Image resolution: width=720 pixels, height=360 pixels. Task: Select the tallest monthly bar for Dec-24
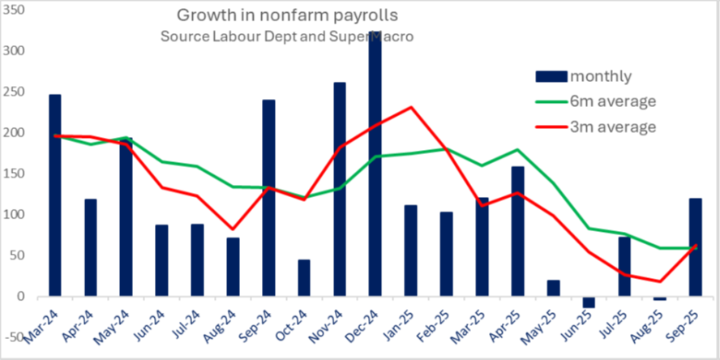375,162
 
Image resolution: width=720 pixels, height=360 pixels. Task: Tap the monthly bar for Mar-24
55,195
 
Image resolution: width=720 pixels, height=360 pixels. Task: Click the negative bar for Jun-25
589,302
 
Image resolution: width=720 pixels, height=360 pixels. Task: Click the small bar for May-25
552,288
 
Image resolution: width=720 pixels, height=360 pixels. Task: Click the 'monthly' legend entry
600,76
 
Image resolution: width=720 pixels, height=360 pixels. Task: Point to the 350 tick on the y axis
15,10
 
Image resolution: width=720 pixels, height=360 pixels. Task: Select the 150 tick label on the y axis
15,174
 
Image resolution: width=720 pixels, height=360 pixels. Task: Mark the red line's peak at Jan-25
411,107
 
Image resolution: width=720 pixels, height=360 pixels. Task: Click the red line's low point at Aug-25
660,281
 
